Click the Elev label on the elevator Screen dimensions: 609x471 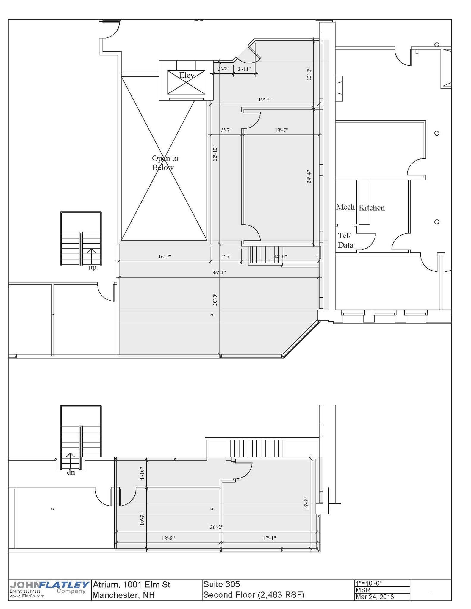point(187,75)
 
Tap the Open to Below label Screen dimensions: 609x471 point(165,163)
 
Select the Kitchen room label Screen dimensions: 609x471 point(372,208)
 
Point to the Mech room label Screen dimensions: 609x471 point(345,207)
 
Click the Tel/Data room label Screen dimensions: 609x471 point(345,241)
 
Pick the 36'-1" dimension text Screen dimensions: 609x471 point(219,272)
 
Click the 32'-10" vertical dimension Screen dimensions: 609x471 point(215,153)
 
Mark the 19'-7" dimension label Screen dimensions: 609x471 point(265,100)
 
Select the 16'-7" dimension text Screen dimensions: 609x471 point(165,256)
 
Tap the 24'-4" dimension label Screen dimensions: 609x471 point(309,177)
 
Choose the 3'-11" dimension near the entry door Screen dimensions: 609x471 point(244,69)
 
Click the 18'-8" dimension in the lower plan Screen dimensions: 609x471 point(168,538)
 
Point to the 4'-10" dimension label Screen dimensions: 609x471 point(142,474)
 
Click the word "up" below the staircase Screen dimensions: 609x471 point(92,268)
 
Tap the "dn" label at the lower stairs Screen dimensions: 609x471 point(71,473)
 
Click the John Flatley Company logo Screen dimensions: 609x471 point(49,590)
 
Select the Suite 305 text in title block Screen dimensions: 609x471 point(221,584)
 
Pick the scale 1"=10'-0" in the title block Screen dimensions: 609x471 point(369,583)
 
